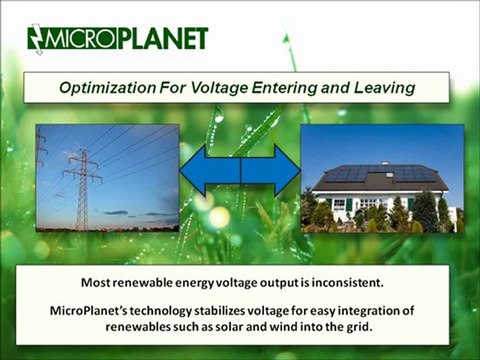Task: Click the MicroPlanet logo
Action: [x=117, y=39]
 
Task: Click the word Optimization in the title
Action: [x=108, y=88]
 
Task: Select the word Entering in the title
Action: [x=295, y=88]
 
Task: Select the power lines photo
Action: [x=106, y=177]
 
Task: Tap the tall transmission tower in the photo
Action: [x=82, y=185]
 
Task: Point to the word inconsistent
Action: [x=359, y=283]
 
